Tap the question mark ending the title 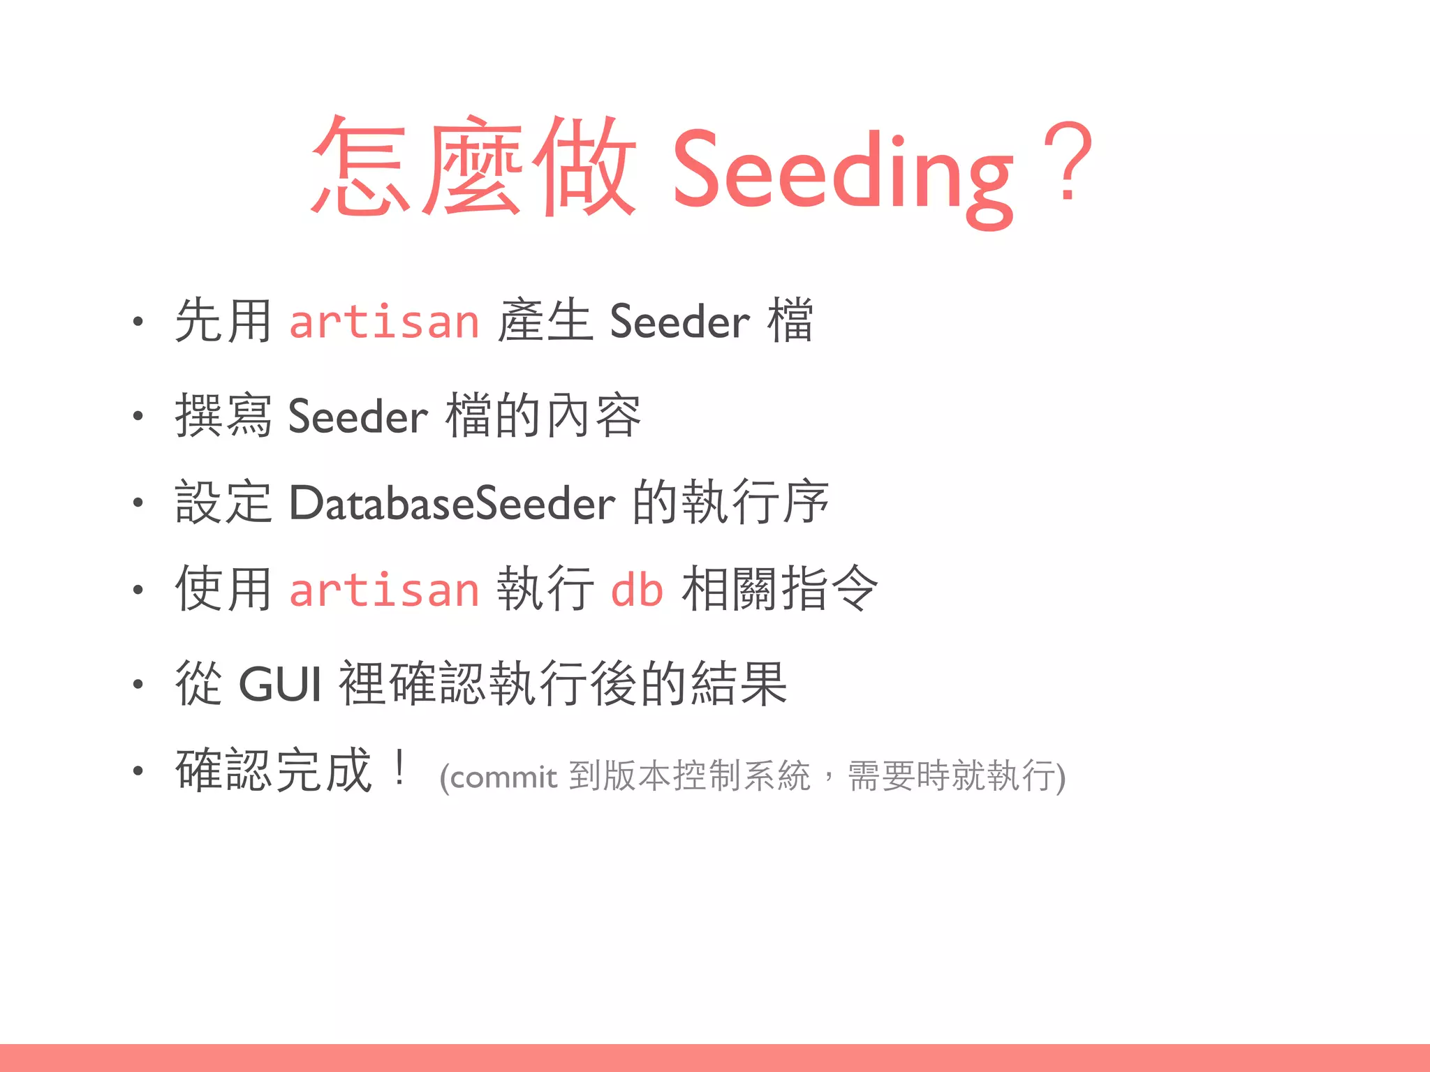pos(1067,162)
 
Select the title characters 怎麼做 pos(473,166)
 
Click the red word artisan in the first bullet pos(384,322)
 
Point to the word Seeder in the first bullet pos(679,322)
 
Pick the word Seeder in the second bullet pos(357,417)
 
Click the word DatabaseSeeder pos(452,503)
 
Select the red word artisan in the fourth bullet pos(384,590)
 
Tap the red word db pos(636,590)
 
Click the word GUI pos(280,684)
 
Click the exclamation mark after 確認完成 pos(399,768)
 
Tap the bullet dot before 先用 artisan pos(138,322)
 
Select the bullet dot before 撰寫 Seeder pos(138,416)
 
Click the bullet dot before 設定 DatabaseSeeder pos(138,502)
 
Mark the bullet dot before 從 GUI pos(138,684)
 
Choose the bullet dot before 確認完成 pos(138,770)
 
